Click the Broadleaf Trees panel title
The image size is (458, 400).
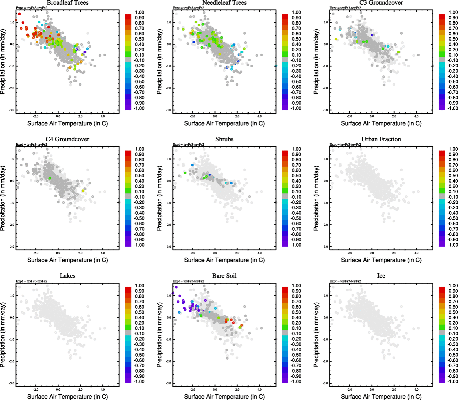pyautogui.click(x=67, y=3)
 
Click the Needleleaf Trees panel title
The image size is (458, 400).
pyautogui.click(x=224, y=3)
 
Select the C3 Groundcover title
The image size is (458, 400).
pyautogui.click(x=381, y=3)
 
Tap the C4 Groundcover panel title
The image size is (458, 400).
pyautogui.click(x=67, y=139)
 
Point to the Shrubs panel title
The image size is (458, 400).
pyautogui.click(x=224, y=139)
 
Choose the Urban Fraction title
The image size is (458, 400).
pyautogui.click(x=381, y=139)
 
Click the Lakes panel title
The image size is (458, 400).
pyautogui.click(x=67, y=276)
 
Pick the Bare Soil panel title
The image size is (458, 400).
pyautogui.click(x=224, y=276)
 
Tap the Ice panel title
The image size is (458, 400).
pyautogui.click(x=381, y=276)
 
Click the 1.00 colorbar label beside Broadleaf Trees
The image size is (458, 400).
pyautogui.click(x=139, y=12)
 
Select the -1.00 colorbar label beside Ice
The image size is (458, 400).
pyautogui.click(x=452, y=381)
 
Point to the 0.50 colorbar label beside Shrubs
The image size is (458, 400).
pyautogui.click(x=296, y=176)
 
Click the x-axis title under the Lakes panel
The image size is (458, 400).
pyautogui.click(x=67, y=396)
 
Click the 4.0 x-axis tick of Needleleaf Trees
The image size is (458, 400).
pyautogui.click(x=260, y=116)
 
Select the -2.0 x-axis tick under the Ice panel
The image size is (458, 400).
pyautogui.click(x=350, y=389)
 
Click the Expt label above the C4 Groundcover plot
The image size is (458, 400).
pyautogui.click(x=32, y=144)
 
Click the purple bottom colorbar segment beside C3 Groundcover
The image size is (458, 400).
pyautogui.click(x=442, y=107)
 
